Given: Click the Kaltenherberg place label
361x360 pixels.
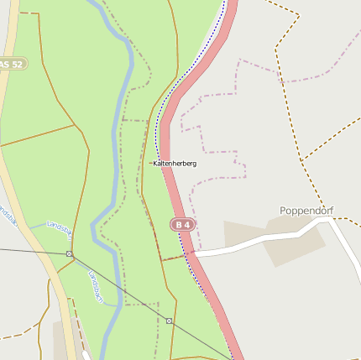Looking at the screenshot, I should (175, 164).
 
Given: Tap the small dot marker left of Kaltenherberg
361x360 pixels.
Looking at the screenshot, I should (151, 163).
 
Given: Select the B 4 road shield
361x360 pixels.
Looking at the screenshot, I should (182, 225).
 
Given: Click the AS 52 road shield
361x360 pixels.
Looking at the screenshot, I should (12, 64).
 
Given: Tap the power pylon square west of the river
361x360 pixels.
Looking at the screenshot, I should (69, 253).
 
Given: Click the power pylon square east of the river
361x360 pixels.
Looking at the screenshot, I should (169, 321).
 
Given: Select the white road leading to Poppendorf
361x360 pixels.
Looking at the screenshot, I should (252, 244).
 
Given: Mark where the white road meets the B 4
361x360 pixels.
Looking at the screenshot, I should (195, 253).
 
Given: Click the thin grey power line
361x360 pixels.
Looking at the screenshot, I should (118, 285).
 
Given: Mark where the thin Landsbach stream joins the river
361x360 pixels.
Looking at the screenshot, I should (95, 232).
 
